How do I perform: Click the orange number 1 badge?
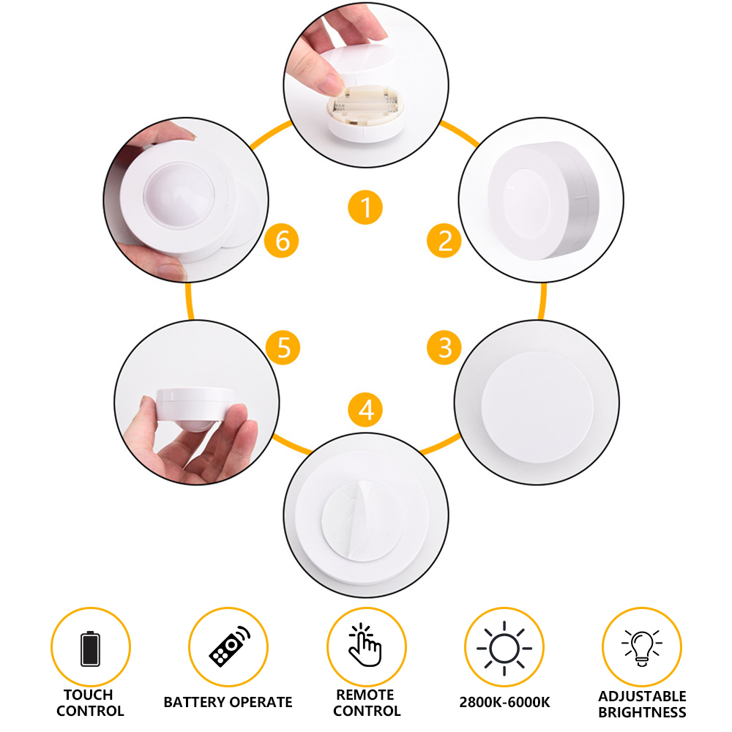pyautogui.click(x=365, y=207)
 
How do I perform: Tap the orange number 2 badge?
pyautogui.click(x=444, y=240)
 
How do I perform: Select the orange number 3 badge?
pyautogui.click(x=444, y=347)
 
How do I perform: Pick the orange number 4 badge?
pyautogui.click(x=365, y=409)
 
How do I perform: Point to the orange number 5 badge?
pyautogui.click(x=283, y=347)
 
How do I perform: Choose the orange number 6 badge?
pyautogui.click(x=282, y=240)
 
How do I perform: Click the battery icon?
pyautogui.click(x=90, y=648)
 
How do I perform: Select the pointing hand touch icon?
pyautogui.click(x=365, y=644)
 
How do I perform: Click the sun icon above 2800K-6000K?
pyautogui.click(x=504, y=648)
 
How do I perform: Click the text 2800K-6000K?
pyautogui.click(x=504, y=702)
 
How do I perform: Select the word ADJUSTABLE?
pyautogui.click(x=643, y=696)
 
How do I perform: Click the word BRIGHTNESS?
pyautogui.click(x=643, y=712)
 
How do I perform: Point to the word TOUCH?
pyautogui.click(x=89, y=695)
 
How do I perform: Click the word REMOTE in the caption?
pyautogui.click(x=365, y=695)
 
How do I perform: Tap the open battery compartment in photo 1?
pyautogui.click(x=365, y=105)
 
